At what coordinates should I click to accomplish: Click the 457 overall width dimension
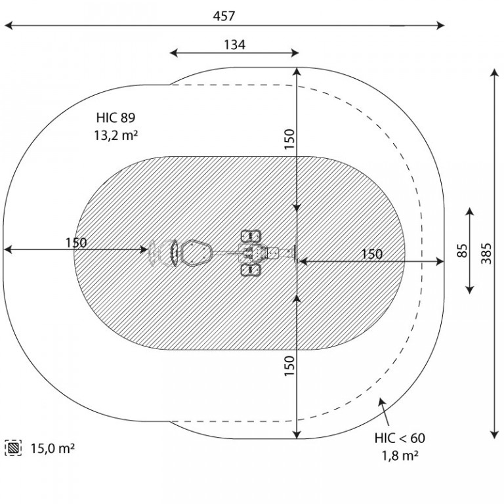(224, 16)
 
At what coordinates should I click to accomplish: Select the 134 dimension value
(234, 45)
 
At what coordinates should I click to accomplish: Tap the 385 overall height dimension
(486, 253)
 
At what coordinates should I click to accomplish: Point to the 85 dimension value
(461, 251)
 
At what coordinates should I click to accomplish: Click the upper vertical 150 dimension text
(289, 139)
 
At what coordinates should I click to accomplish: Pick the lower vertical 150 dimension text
(289, 366)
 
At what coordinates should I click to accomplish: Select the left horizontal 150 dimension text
(76, 243)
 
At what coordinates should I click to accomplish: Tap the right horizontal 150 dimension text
(372, 254)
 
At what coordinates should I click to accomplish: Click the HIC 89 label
(115, 117)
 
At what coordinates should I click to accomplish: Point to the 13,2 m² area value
(115, 135)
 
